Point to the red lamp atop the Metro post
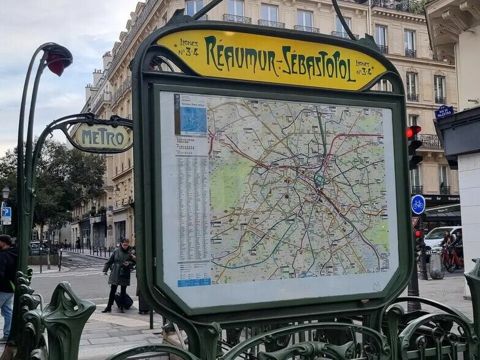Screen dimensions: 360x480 click(x=59, y=61)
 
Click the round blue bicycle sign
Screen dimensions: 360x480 click(x=418, y=204)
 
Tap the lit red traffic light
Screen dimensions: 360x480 click(x=413, y=132)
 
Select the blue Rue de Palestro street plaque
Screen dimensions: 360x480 click(x=444, y=111)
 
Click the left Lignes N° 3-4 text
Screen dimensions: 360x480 click(x=189, y=47)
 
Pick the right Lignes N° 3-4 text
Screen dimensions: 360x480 click(x=364, y=68)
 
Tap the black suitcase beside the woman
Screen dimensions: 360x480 click(x=124, y=301)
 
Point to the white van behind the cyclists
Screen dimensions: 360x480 click(x=439, y=237)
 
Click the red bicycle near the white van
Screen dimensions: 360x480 click(x=452, y=259)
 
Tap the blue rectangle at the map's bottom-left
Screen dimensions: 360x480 click(x=194, y=282)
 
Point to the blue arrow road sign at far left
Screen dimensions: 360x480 click(x=6, y=213)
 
